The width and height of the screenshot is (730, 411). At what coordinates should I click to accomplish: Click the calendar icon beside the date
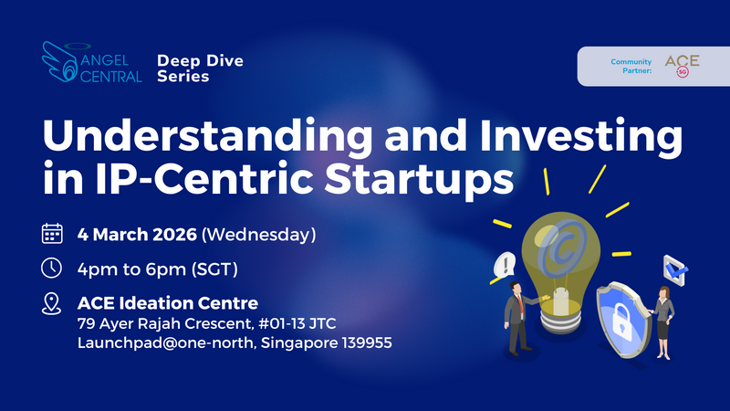coord(53,234)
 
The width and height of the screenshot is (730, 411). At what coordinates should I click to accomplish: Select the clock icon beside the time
coord(53,269)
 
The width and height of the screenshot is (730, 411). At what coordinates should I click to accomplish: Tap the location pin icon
coord(53,304)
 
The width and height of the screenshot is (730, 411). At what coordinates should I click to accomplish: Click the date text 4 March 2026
coord(137,235)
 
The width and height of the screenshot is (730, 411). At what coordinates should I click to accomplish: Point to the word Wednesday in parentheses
coord(258,235)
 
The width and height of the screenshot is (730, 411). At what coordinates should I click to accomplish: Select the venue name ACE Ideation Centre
coord(167,302)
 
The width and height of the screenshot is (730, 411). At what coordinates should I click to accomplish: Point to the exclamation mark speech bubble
coord(501,266)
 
